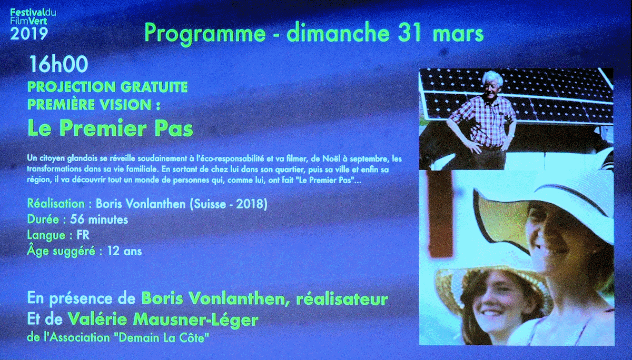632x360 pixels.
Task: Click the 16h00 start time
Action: pos(58,64)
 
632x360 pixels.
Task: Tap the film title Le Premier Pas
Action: pos(110,128)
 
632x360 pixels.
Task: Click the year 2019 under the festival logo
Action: pos(29,34)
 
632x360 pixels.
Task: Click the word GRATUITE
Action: pos(154,87)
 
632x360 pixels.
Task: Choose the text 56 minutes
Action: pos(99,219)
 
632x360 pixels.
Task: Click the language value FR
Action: pos(83,235)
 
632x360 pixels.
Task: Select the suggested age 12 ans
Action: pos(124,251)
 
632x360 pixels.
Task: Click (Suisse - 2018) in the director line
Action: pos(229,204)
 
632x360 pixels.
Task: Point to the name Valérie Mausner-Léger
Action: pos(163,319)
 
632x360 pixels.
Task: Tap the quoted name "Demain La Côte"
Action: pos(163,338)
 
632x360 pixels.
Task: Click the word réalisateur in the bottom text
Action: pos(342,298)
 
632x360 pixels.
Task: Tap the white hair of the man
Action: pos(492,77)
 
